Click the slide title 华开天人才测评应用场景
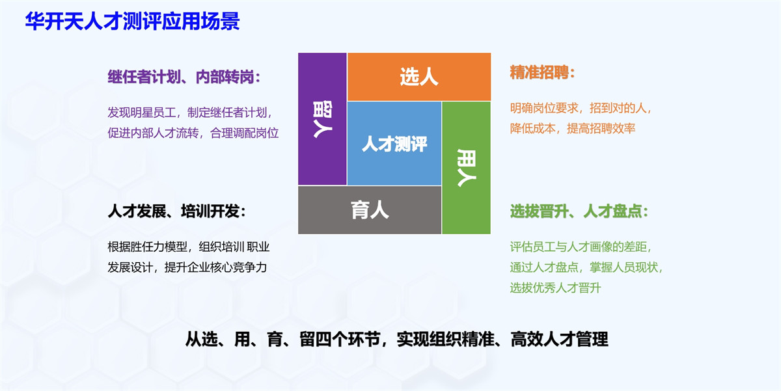pos(132,21)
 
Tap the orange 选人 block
pos(419,77)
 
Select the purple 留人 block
pos(322,118)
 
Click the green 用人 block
pos(466,167)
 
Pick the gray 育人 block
pos(370,210)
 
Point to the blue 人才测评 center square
pos(394,143)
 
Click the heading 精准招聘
pos(543,73)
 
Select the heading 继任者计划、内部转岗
pos(184,77)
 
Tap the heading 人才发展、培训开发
pos(176,212)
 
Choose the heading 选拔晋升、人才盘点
pos(579,212)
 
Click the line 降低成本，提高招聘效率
pos(573,129)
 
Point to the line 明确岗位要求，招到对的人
pos(581,108)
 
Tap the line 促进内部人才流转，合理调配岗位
pos(193,133)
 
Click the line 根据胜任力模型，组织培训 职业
pos(189,247)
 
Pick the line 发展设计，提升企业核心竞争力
pos(187,267)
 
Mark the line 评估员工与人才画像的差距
pos(581,247)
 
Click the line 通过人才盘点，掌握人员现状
pos(586,267)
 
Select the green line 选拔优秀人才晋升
pos(555,288)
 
